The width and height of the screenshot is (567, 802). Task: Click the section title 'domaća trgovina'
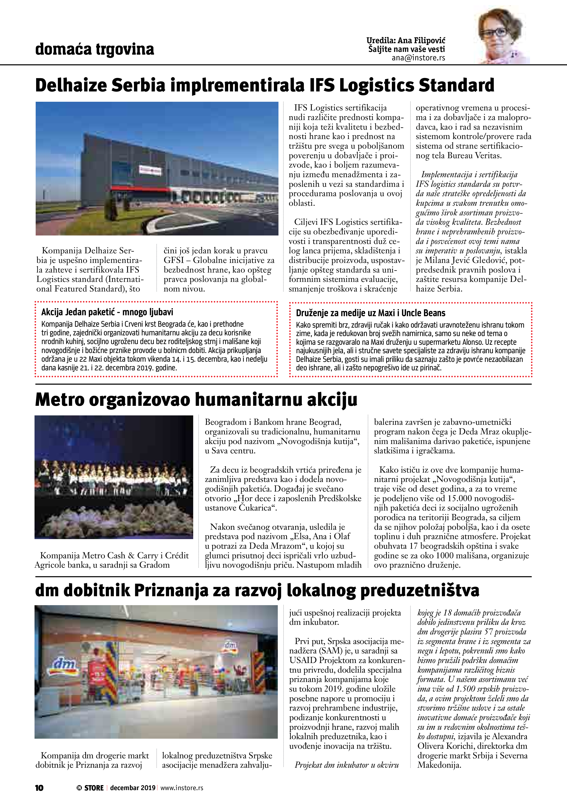pos(94,49)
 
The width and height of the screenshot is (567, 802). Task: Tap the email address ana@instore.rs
pos(418,58)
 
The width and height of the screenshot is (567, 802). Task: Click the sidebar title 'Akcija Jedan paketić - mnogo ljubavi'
pos(107,312)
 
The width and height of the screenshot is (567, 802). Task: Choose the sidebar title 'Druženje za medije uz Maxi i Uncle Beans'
pos(370,313)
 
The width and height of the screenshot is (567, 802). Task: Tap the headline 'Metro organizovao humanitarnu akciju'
pos(196,400)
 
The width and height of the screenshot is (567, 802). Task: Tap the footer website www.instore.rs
pos(182,788)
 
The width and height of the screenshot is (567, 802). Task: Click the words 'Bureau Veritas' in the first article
pos(474,156)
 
